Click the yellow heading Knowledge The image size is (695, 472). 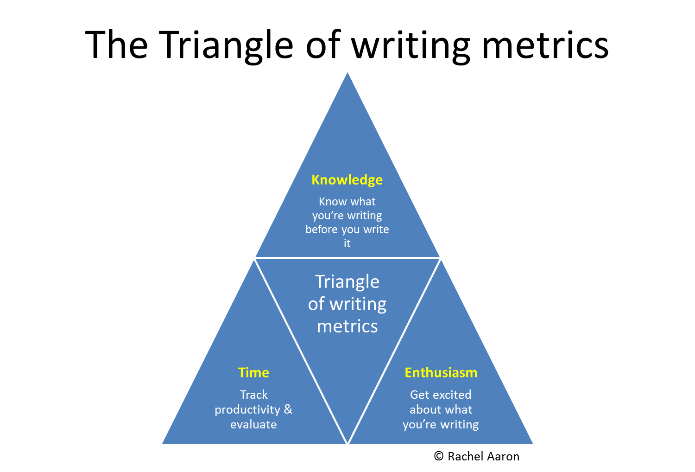point(347,180)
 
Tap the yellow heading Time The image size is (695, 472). point(253,373)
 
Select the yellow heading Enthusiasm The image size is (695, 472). point(441,373)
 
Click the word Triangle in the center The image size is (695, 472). point(347,282)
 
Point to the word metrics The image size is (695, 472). point(347,326)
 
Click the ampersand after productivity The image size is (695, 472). point(288,409)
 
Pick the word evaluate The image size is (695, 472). point(253,424)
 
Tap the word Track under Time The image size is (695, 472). point(253,395)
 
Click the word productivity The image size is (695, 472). point(247,410)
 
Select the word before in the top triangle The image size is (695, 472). point(322,230)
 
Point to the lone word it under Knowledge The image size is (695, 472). point(347,243)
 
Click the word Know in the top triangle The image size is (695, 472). point(332,202)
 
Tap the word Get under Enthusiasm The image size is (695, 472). point(420,395)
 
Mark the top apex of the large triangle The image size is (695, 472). point(347,70)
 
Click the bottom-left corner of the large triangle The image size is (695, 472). point(161,444)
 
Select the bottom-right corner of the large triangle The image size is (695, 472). point(535,444)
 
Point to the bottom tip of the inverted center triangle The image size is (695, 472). point(347,443)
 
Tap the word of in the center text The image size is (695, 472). point(316,304)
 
